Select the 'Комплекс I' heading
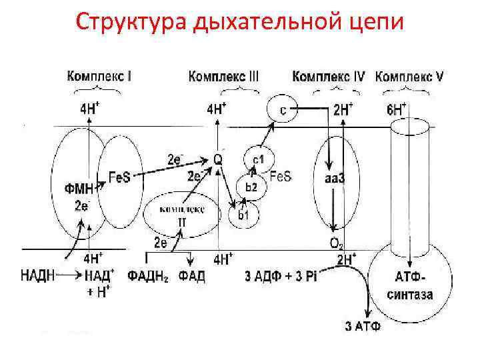99,77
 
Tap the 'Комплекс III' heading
224,77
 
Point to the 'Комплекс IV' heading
329,77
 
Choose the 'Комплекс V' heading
411,77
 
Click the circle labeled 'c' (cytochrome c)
282,110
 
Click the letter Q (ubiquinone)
217,159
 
